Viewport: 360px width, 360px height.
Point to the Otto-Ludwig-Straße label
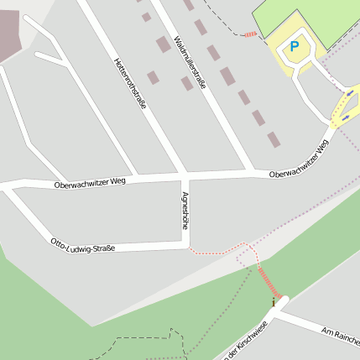tap(82, 245)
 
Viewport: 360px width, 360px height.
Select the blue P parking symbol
tap(294, 47)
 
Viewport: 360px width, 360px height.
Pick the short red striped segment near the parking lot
tap(251, 34)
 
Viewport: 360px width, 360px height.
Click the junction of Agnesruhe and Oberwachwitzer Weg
tap(185, 177)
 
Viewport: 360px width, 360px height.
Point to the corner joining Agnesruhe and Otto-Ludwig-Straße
tap(185, 244)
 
